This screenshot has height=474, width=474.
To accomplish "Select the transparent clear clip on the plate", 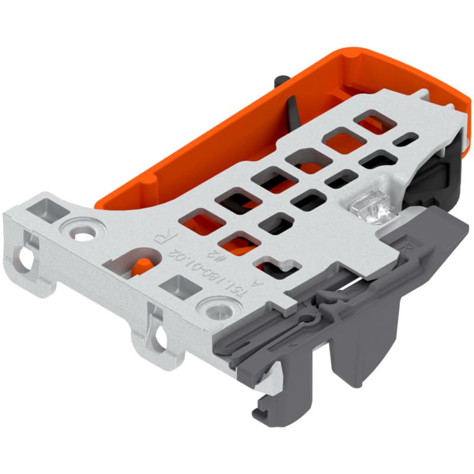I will pyautogui.click(x=367, y=207).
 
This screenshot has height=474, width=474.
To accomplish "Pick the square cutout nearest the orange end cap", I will pyautogui.click(x=374, y=121).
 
